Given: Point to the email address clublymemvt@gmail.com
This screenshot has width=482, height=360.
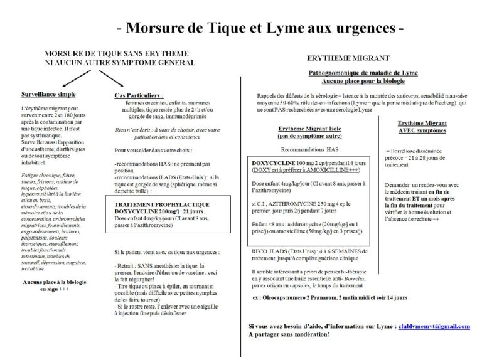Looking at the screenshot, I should click(x=434, y=327).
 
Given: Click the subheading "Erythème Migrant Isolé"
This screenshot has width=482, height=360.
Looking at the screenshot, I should click(x=311, y=128).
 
